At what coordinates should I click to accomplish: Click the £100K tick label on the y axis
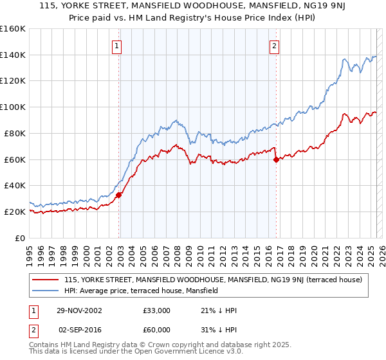[13, 107]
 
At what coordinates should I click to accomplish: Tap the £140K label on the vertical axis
[13, 55]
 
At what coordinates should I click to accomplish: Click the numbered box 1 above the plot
[117, 46]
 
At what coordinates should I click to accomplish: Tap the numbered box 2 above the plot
[274, 46]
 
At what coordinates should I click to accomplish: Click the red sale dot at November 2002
[119, 195]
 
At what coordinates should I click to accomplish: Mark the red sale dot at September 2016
[276, 159]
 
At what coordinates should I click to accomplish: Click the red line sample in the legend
[46, 280]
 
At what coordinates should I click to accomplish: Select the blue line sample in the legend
[46, 291]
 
